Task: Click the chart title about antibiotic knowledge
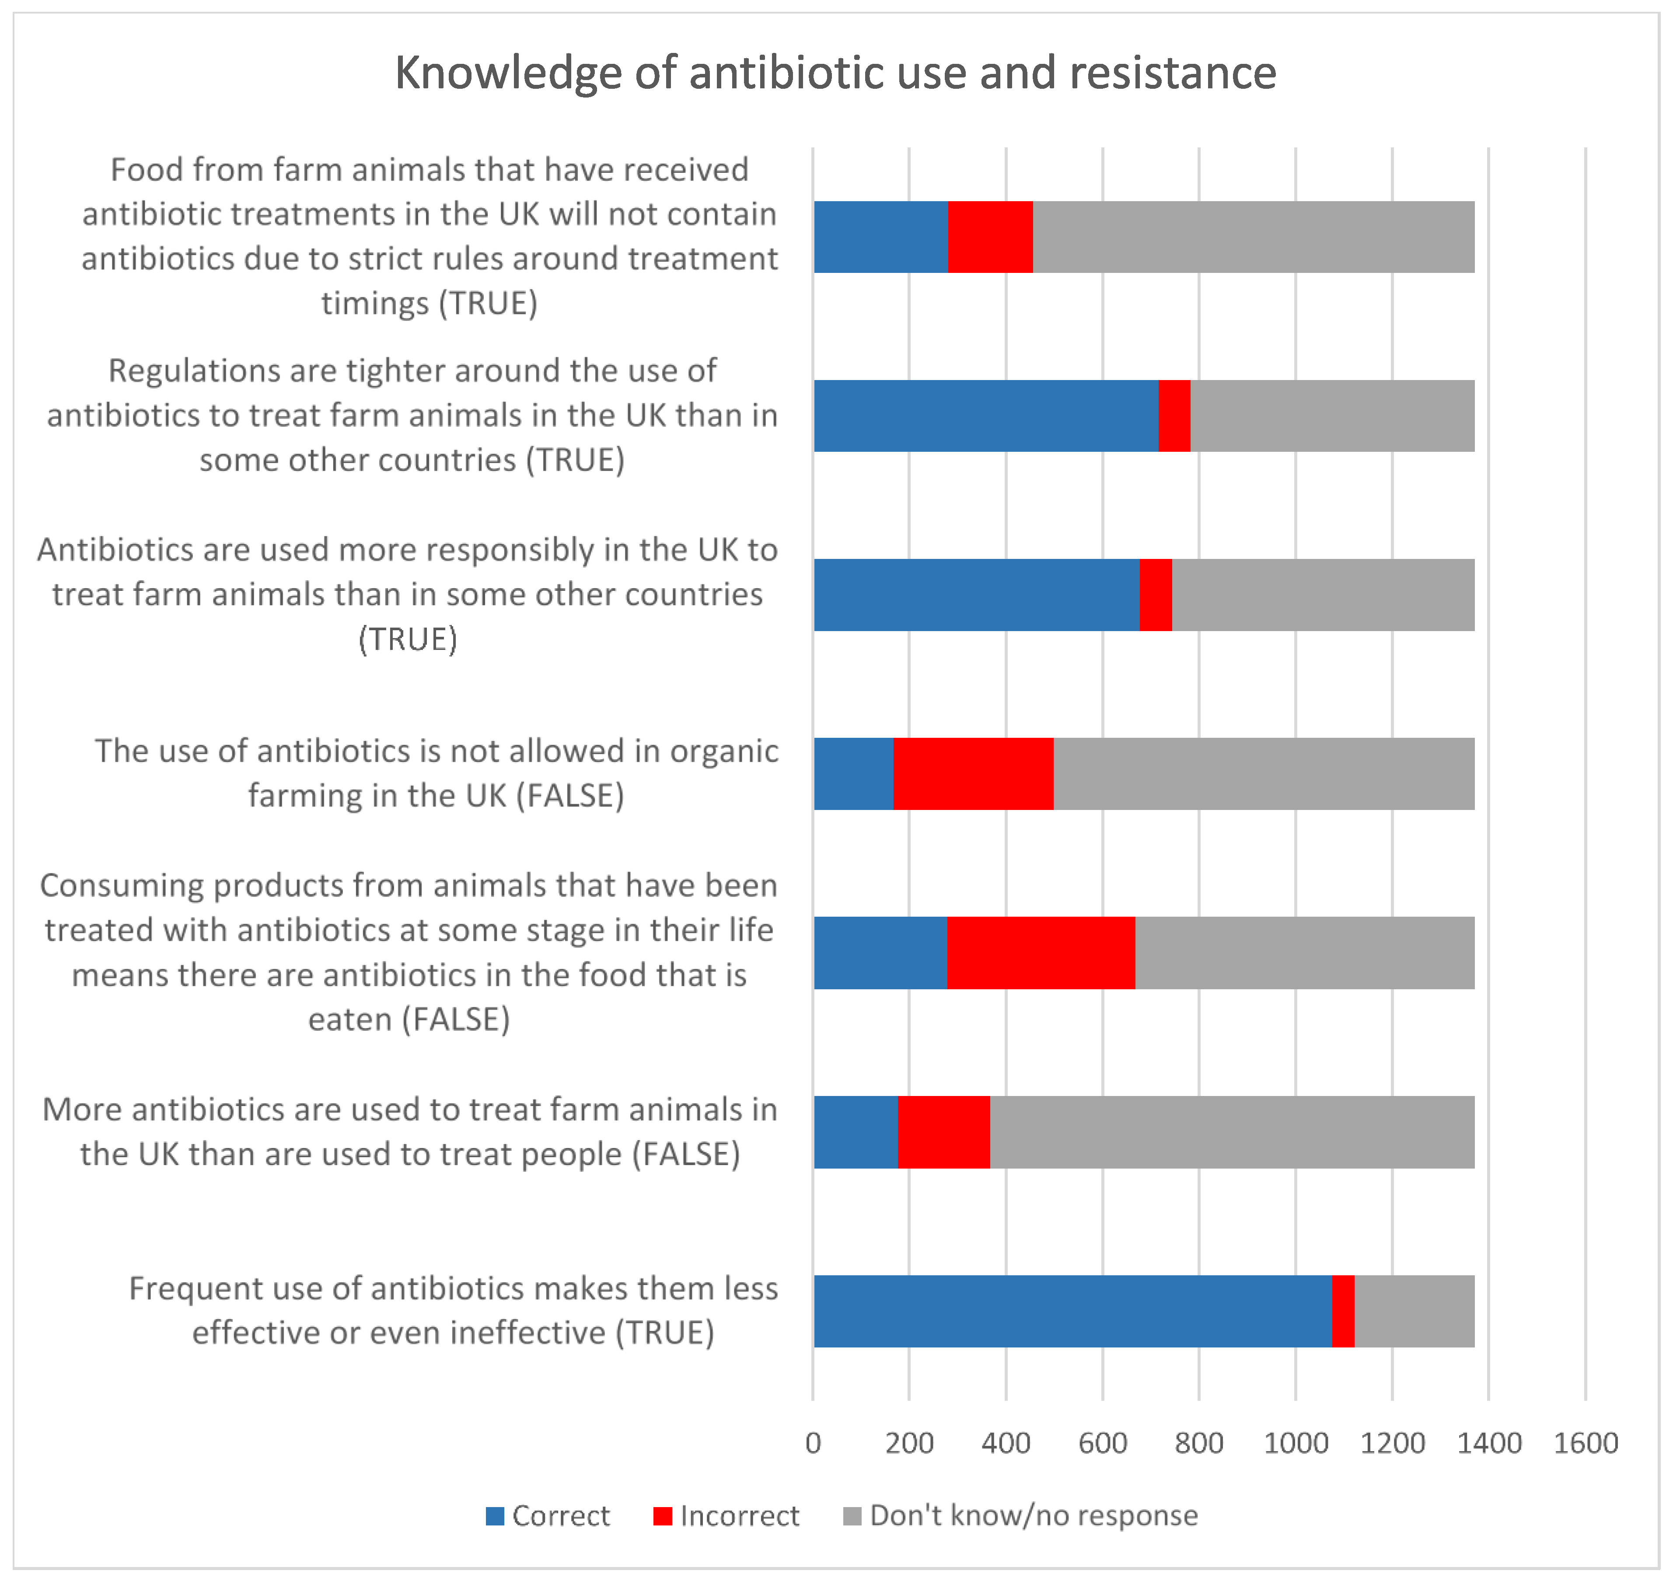click(x=835, y=73)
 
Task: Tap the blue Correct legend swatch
click(x=495, y=1516)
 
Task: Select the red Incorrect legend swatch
click(x=663, y=1516)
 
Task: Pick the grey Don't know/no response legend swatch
click(x=852, y=1516)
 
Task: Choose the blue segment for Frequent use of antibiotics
click(x=1072, y=1311)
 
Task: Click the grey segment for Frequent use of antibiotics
click(x=1414, y=1311)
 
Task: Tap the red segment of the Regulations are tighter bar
click(x=1174, y=415)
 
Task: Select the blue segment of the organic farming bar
click(x=853, y=774)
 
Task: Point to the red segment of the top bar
click(x=990, y=237)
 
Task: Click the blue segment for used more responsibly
click(x=976, y=595)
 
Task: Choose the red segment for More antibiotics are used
click(x=944, y=1132)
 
